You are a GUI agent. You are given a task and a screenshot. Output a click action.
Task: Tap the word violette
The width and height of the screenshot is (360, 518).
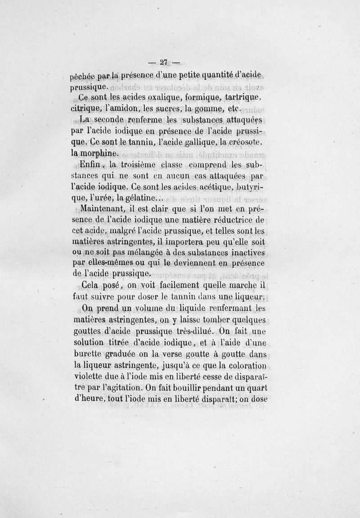click(89, 375)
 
